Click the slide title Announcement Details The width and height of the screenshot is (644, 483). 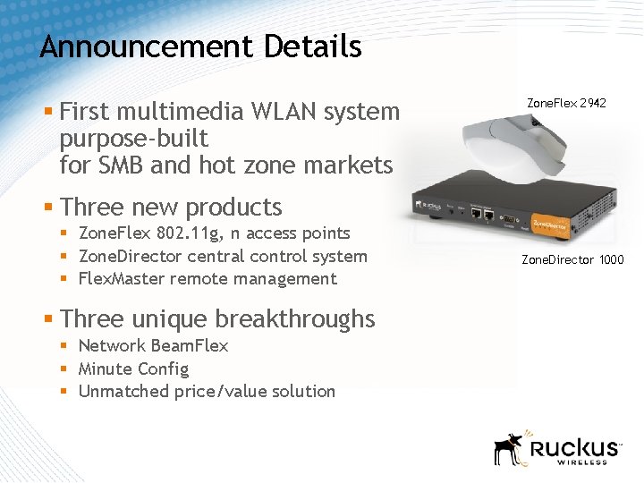coord(200,47)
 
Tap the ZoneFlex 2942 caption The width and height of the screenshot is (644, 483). coord(566,104)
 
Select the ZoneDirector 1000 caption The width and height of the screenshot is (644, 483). coord(572,260)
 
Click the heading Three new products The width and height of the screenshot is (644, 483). coord(171,207)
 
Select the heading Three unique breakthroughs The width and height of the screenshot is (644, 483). coord(217,318)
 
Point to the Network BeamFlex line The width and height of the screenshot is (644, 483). coord(153,345)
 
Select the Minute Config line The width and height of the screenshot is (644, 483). coord(133,369)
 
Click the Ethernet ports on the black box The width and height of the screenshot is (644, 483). coord(479,215)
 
